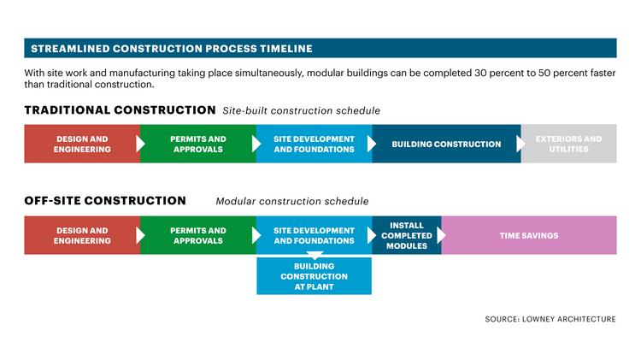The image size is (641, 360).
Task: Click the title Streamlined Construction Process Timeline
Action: [172, 49]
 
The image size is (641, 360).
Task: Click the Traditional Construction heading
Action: [120, 110]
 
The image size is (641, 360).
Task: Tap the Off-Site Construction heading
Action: [105, 200]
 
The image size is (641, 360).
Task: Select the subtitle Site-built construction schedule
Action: [302, 110]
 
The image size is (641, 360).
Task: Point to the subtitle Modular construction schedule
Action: [292, 201]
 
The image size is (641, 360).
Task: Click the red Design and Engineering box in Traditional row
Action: [82, 144]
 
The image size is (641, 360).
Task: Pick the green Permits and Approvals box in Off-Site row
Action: [198, 235]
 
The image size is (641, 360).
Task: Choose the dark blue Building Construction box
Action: [446, 144]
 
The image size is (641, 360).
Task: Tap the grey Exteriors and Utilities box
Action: [568, 144]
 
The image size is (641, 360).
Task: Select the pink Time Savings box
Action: [529, 235]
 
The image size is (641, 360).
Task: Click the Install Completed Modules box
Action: [407, 235]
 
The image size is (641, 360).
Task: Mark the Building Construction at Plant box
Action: [314, 276]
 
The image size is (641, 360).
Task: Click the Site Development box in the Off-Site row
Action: [314, 235]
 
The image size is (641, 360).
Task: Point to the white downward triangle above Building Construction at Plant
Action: [315, 256]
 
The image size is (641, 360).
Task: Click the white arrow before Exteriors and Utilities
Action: [520, 144]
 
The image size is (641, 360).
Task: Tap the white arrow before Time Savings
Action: [442, 235]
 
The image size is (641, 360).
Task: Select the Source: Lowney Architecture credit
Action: [550, 319]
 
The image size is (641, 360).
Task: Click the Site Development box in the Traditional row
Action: [314, 144]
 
